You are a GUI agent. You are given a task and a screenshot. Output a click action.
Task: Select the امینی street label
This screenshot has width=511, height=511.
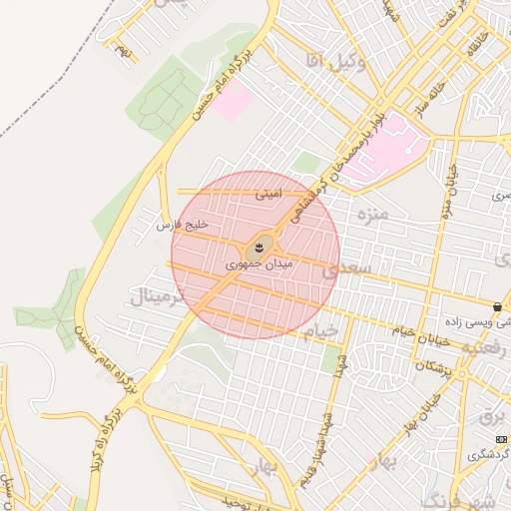[x=268, y=195]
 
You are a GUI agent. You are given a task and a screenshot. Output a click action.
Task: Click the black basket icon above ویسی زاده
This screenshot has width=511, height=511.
[x=497, y=305]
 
